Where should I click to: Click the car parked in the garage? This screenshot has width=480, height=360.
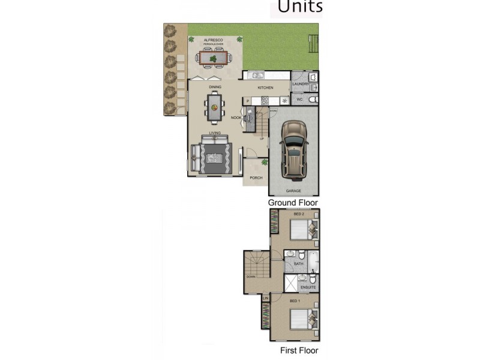(x=293, y=149)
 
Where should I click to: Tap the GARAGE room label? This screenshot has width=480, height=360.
(x=293, y=191)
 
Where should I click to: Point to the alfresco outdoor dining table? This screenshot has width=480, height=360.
(x=214, y=58)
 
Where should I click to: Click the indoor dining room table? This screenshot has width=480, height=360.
(x=215, y=107)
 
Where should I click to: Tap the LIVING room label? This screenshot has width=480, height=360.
(x=214, y=133)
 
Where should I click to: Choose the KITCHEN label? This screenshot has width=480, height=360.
(x=265, y=88)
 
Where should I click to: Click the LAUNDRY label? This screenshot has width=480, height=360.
(x=300, y=85)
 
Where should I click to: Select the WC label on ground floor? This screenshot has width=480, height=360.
(x=300, y=99)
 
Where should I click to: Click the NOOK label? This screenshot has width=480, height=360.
(x=236, y=118)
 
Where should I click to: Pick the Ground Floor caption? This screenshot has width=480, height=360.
(x=293, y=203)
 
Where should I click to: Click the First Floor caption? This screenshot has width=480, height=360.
(x=299, y=350)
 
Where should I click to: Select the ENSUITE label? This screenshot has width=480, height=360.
(x=308, y=287)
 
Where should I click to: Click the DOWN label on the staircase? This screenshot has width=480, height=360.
(x=250, y=277)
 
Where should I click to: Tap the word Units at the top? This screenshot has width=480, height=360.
(x=299, y=7)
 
